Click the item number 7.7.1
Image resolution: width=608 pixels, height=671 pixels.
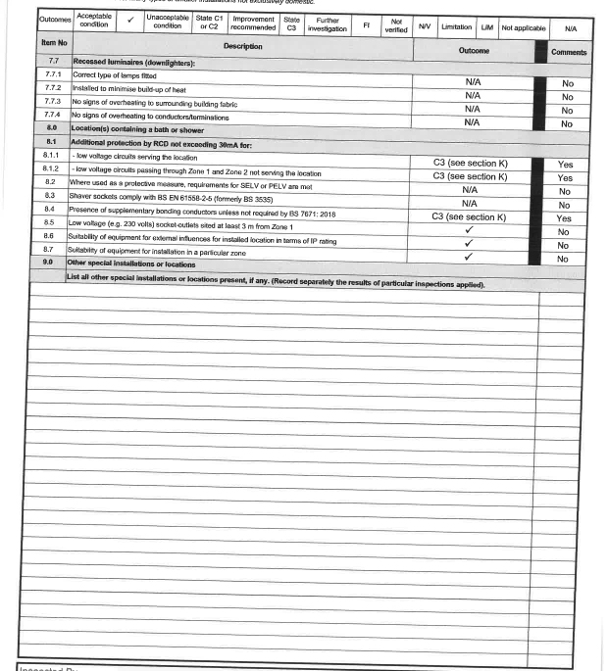click(53, 74)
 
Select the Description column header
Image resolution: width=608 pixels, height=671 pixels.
click(242, 46)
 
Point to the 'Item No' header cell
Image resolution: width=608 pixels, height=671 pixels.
click(54, 44)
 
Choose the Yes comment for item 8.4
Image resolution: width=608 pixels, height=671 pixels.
click(565, 218)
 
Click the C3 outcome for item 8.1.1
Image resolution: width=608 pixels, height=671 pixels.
click(470, 164)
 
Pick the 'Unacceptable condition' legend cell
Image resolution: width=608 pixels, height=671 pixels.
click(168, 23)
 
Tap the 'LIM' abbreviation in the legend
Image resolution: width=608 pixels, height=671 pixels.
click(487, 27)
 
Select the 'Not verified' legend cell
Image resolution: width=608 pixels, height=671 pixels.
click(396, 24)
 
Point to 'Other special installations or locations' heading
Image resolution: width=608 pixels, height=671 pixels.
click(131, 264)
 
